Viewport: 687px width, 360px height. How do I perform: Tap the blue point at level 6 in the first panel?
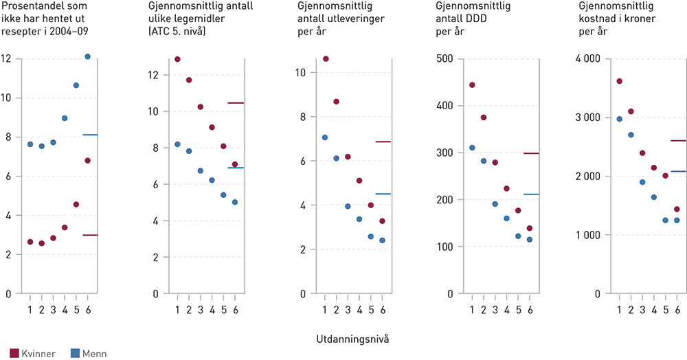(x=87, y=56)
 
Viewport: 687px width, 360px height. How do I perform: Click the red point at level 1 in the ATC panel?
(x=177, y=59)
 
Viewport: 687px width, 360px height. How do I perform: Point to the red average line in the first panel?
(x=90, y=235)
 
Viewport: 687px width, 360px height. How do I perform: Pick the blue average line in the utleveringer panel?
(x=383, y=194)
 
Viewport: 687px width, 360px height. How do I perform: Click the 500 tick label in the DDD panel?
(x=445, y=59)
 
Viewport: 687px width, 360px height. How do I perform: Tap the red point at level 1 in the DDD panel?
(x=472, y=85)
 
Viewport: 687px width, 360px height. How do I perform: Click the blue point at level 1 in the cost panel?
(x=619, y=119)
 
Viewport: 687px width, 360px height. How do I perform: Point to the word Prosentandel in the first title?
(x=28, y=7)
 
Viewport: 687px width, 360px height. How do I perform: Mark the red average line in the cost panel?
(x=677, y=141)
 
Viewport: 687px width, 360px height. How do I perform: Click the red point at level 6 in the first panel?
(x=87, y=161)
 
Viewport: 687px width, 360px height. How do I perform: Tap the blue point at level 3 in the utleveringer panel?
(x=348, y=206)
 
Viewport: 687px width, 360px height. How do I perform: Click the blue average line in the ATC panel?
(x=236, y=168)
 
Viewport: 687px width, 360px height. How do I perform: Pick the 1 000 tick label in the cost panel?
(x=584, y=235)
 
